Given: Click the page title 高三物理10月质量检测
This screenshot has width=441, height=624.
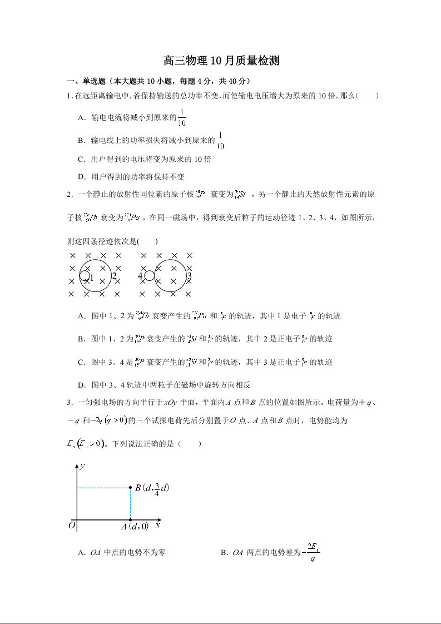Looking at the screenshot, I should [221, 61].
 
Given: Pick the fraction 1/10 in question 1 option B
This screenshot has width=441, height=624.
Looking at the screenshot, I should [220, 141].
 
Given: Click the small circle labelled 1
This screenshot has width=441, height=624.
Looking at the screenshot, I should [85, 276].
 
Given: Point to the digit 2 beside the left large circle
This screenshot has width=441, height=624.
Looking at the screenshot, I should [114, 276].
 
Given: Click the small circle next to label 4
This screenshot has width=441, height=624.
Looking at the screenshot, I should [149, 275].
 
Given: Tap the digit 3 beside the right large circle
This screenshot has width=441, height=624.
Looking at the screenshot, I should [190, 276].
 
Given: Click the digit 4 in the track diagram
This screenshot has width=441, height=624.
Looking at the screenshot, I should [141, 276].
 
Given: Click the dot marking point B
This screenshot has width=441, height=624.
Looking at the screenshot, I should [130, 488].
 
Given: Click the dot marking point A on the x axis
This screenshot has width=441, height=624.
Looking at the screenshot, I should [130, 521].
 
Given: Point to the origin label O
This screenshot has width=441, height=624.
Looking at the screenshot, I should [72, 525].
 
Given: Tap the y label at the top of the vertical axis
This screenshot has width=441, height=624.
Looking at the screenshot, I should [82, 465].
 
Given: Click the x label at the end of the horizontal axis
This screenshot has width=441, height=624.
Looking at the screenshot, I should [158, 524].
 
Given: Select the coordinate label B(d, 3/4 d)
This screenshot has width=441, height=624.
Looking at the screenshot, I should [152, 488].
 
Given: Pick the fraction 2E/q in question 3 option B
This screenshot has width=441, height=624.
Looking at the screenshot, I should [313, 553].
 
